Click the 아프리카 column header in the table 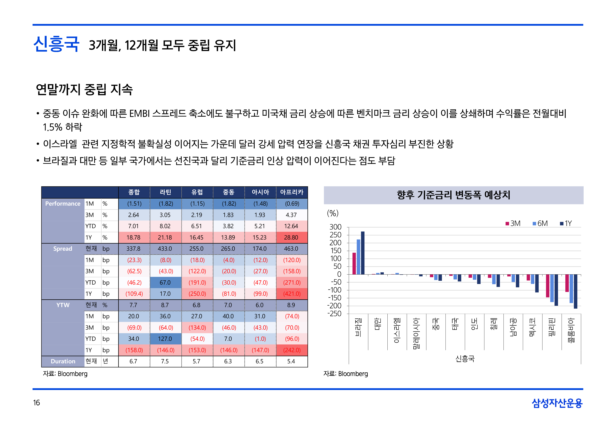point(292,192)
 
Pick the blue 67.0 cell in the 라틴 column point(165,282)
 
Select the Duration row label point(63,361)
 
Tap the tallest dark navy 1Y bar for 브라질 point(363,253)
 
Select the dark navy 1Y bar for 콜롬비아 point(575,291)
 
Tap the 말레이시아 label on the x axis point(416,333)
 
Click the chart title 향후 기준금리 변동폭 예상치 point(453,195)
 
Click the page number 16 point(37,403)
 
